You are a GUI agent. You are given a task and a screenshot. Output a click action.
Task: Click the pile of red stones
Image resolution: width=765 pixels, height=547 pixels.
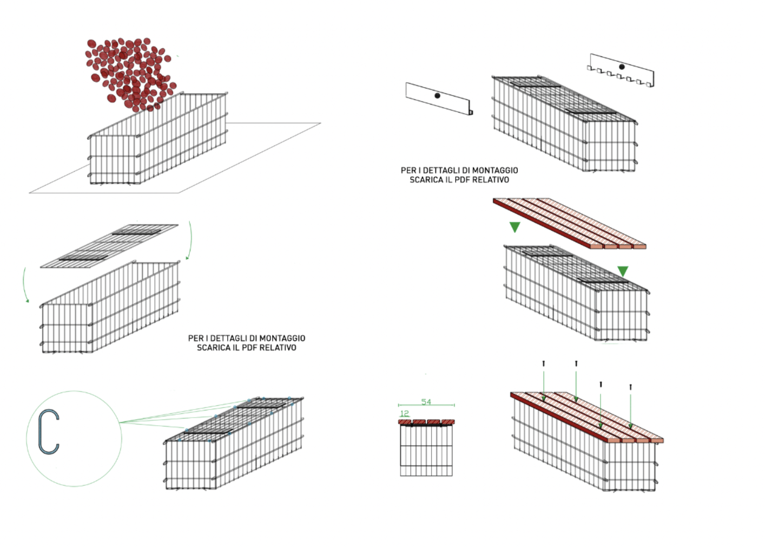[130, 73]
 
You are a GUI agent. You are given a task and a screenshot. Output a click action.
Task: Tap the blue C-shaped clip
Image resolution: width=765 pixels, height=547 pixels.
[48, 432]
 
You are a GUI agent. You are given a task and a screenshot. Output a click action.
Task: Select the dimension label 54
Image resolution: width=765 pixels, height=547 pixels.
[426, 402]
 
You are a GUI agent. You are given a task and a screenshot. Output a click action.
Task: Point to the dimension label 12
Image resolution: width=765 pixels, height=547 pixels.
[404, 413]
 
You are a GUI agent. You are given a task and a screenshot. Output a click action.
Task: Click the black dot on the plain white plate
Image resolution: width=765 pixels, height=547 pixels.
[437, 96]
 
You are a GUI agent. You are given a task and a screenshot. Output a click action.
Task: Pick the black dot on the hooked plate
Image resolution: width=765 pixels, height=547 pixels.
[622, 67]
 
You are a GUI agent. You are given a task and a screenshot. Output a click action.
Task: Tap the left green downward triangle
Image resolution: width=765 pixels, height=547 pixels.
[515, 227]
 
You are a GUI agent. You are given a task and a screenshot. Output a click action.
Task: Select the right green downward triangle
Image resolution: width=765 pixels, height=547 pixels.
[623, 271]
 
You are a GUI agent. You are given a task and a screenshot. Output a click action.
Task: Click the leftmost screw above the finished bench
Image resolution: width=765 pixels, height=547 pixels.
[544, 363]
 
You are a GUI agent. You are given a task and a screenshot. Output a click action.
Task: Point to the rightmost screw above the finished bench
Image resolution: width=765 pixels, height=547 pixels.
[630, 387]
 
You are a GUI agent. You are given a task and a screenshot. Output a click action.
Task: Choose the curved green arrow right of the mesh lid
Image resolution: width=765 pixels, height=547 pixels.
[189, 241]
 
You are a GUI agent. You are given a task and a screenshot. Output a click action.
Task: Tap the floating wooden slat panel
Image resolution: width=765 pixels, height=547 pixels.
[568, 223]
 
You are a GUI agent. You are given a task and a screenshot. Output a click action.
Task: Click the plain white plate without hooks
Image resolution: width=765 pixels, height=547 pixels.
[438, 99]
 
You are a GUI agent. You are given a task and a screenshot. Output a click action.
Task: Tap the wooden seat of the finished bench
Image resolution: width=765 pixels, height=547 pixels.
[587, 417]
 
